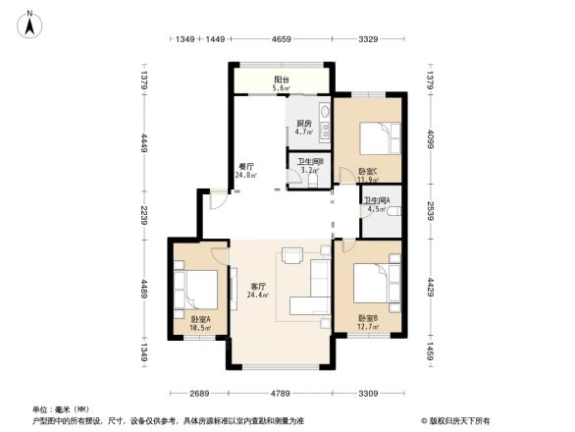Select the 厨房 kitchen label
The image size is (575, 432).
click(303, 124)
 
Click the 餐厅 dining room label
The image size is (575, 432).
click(246, 167)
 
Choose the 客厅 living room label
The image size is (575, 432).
click(257, 286)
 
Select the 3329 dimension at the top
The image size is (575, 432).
click(368, 39)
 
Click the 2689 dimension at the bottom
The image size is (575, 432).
click(202, 395)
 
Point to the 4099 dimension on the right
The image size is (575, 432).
click(431, 141)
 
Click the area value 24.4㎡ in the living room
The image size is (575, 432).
click(257, 296)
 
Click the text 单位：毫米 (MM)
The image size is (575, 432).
click(60, 408)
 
